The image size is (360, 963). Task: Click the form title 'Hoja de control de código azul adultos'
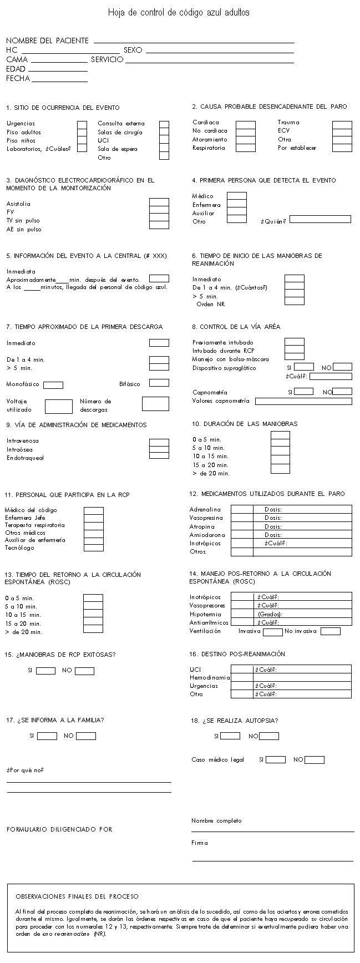pyautogui.click(x=179, y=12)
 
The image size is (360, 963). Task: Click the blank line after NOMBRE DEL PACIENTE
pyautogui.click(x=194, y=42)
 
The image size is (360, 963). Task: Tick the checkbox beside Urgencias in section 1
pyautogui.click(x=82, y=124)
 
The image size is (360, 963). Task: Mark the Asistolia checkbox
pyautogui.click(x=159, y=202)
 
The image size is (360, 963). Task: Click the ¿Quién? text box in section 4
pyautogui.click(x=320, y=220)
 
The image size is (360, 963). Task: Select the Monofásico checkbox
pyautogui.click(x=53, y=385)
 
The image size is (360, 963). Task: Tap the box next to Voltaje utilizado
pyautogui.click(x=59, y=407)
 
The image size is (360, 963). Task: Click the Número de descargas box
pyautogui.click(x=155, y=404)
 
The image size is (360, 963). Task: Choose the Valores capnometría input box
pyautogui.click(x=303, y=401)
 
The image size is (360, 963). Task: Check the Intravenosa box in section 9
pyautogui.click(x=159, y=442)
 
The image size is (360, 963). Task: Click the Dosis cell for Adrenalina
pyautogui.click(x=302, y=509)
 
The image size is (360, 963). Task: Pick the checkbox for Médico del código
pyautogui.click(x=93, y=511)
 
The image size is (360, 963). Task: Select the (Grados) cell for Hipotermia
pyautogui.click(x=302, y=614)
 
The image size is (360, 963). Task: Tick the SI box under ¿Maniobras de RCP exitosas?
pyautogui.click(x=46, y=671)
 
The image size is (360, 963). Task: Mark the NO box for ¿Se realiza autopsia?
pyautogui.click(x=269, y=736)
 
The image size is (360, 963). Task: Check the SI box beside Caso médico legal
pyautogui.click(x=276, y=760)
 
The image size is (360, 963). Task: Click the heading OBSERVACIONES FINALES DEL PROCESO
pyautogui.click(x=77, y=896)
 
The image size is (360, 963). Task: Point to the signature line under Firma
pyautogui.click(x=272, y=860)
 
